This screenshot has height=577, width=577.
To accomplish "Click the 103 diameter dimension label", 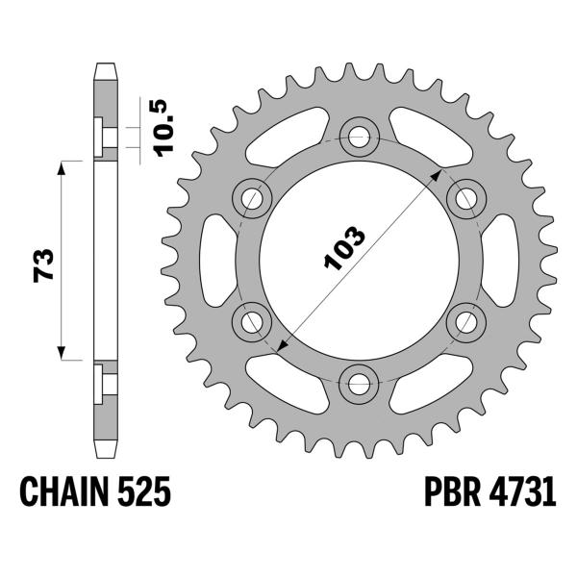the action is click(x=344, y=248).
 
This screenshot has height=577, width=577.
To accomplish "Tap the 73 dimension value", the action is click(x=43, y=265).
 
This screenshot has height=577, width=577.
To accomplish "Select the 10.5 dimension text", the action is click(x=163, y=128).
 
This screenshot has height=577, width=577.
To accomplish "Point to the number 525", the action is click(x=144, y=491).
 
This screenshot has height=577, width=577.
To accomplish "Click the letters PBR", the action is click(x=452, y=491).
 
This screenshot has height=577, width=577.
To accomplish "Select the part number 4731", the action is click(x=522, y=491).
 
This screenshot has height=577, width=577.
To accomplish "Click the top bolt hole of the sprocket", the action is click(x=359, y=137).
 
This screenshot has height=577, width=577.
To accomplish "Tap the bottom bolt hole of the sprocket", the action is click(x=359, y=384).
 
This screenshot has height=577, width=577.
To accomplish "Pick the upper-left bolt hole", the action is click(x=252, y=199).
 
